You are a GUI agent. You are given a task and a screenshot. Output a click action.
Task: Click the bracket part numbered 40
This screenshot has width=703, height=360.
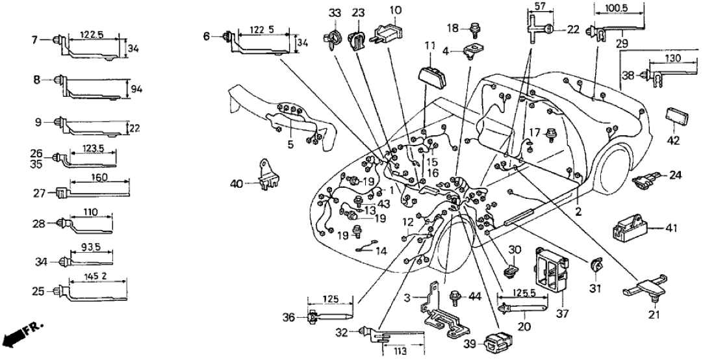pos(266,175)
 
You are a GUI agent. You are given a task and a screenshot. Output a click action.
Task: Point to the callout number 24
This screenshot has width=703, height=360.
pos(676,174)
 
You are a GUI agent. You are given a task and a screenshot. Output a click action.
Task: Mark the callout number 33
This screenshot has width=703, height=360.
pos(333,12)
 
